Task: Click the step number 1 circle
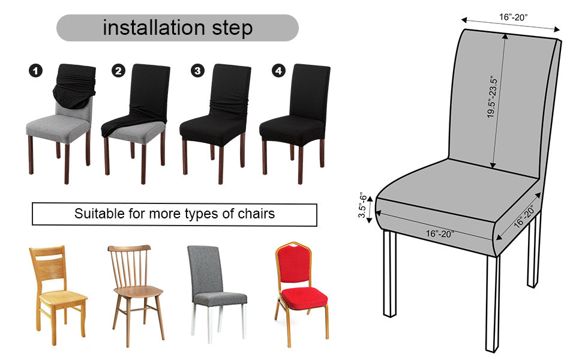(x=35, y=71)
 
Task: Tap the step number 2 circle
(x=118, y=71)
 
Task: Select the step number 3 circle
(x=197, y=71)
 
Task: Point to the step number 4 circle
(x=279, y=71)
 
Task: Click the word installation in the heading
(x=154, y=28)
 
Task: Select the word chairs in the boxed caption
(x=256, y=214)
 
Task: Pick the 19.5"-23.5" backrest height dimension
(x=493, y=97)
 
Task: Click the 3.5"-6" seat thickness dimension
(x=362, y=205)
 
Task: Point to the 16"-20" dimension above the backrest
(x=513, y=17)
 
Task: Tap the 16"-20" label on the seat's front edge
(x=439, y=233)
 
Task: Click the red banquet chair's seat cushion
(x=304, y=298)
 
